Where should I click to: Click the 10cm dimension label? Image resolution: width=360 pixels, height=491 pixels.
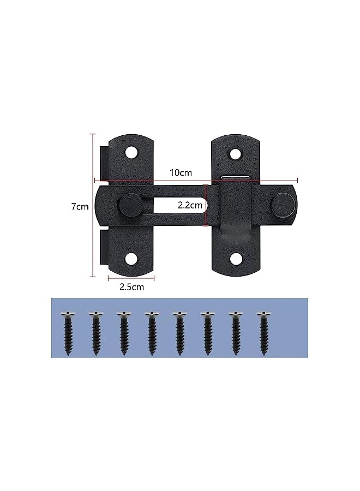(181, 173)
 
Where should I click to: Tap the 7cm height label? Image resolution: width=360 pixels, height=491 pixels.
(80, 207)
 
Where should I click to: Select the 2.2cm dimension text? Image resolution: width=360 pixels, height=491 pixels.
(190, 206)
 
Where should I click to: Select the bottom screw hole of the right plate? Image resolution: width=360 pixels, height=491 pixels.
(235, 258)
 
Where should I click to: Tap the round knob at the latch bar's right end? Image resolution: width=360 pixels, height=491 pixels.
(281, 206)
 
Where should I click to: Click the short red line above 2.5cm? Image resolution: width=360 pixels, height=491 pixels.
(131, 278)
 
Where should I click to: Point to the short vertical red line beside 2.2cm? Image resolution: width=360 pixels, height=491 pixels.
(206, 206)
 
